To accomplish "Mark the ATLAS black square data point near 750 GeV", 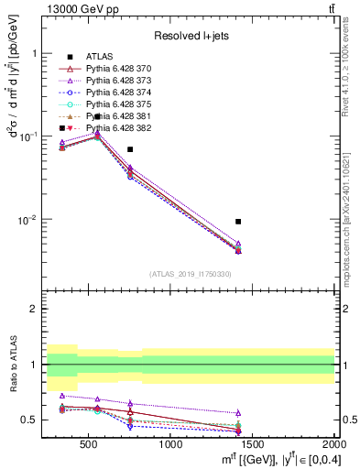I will coord(130,149).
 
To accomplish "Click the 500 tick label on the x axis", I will coord(89,444).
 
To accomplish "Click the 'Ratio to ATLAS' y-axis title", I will coord(13,366).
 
